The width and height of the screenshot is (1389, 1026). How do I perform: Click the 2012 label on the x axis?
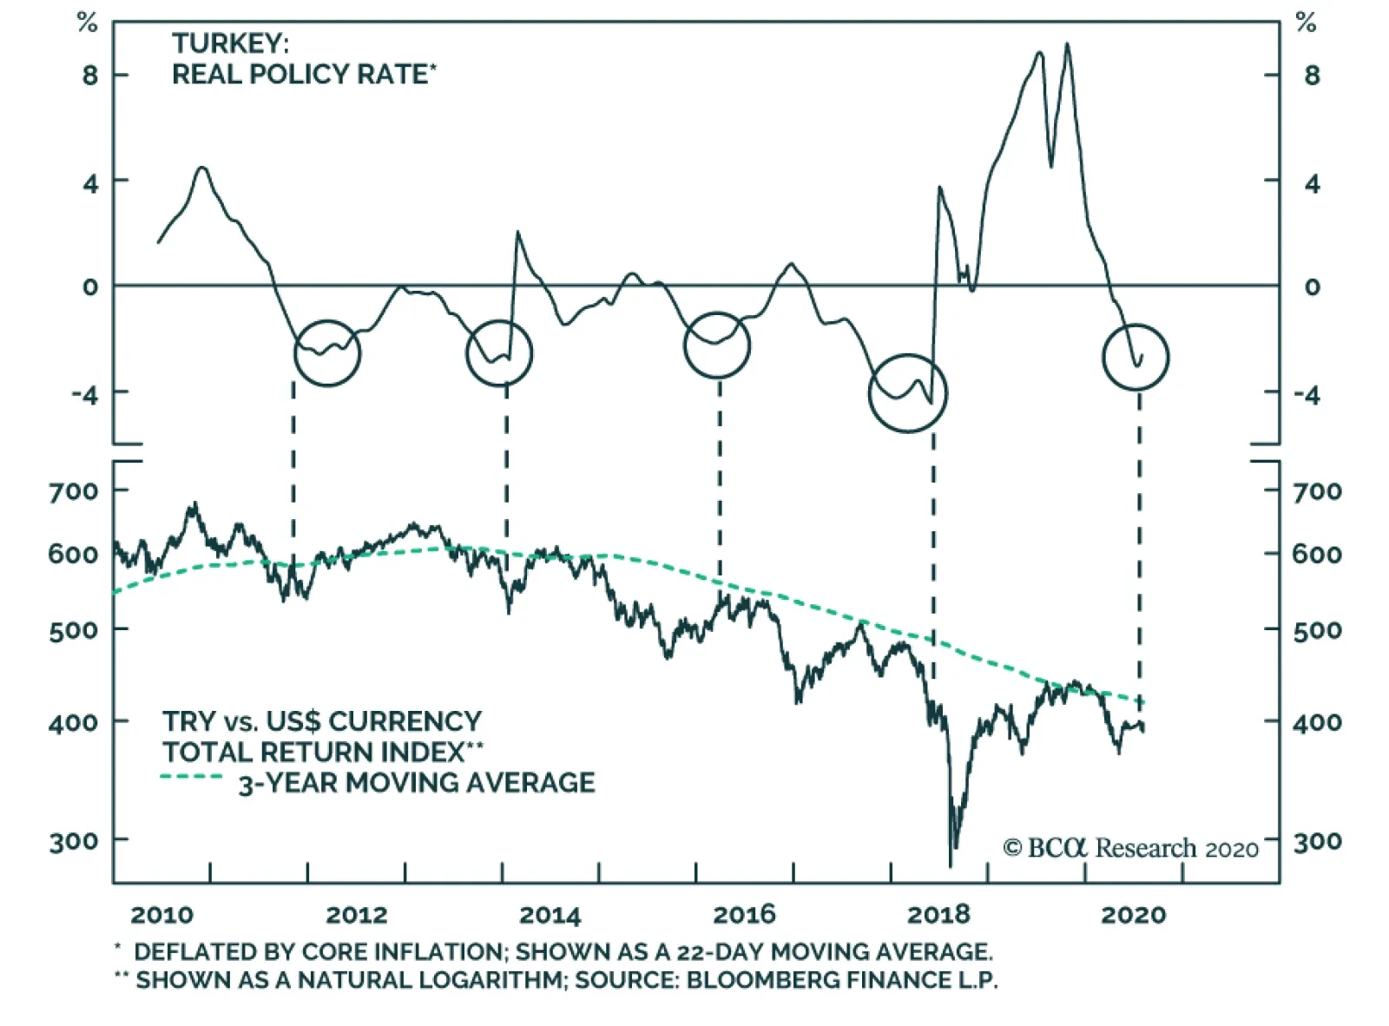(x=356, y=915)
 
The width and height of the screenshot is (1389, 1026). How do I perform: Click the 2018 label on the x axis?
(x=938, y=915)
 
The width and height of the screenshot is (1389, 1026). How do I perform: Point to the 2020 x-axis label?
(x=1133, y=915)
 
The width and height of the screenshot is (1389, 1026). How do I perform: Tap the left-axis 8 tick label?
(x=90, y=76)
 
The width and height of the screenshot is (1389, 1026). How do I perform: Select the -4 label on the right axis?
(x=1306, y=396)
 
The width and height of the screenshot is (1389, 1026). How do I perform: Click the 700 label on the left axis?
(x=74, y=491)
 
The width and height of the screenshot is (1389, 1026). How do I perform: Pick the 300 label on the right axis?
(x=1317, y=841)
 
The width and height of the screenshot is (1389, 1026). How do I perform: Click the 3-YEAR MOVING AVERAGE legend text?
(x=417, y=783)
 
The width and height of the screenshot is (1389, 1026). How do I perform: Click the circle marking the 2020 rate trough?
(x=1136, y=357)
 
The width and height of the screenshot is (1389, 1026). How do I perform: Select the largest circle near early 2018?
(x=907, y=393)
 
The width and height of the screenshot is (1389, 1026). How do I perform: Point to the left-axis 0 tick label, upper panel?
(x=90, y=287)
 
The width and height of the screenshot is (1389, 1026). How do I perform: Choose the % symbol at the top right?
(x=1306, y=23)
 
